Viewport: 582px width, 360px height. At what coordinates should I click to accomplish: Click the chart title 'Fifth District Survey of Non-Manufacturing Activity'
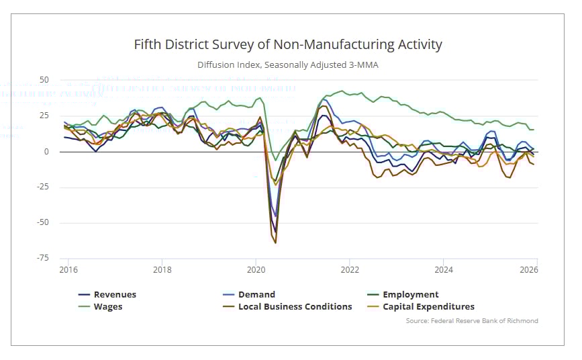(288, 45)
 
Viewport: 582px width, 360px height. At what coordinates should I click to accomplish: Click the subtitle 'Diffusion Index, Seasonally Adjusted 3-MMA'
(288, 65)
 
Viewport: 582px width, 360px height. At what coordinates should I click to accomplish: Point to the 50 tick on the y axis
(44, 80)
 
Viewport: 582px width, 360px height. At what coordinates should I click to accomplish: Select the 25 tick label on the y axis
(44, 116)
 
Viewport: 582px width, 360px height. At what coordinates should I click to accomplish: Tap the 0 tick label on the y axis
(47, 152)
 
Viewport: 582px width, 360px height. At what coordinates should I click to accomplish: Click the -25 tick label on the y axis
(43, 187)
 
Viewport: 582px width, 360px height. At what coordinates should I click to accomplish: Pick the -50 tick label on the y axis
(43, 222)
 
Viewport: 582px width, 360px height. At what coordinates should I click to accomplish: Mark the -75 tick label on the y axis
(43, 258)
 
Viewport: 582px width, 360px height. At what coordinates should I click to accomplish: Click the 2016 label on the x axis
(68, 270)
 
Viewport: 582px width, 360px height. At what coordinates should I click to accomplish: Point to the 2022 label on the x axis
(349, 270)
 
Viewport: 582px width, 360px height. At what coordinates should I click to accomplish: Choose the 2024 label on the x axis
(443, 270)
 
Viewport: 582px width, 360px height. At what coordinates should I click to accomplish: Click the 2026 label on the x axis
(528, 270)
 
